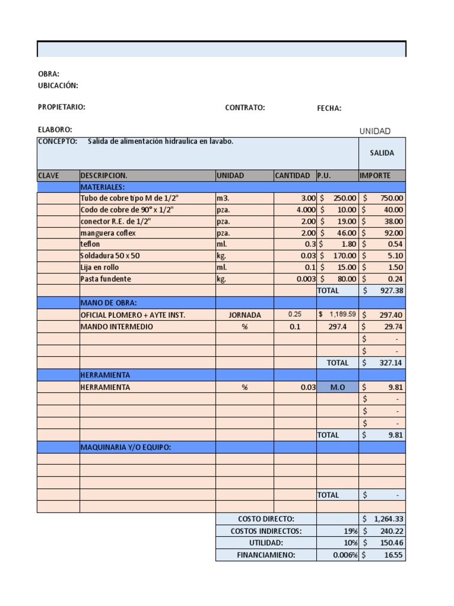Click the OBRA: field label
click(48, 74)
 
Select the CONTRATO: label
click(245, 108)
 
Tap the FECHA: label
click(329, 108)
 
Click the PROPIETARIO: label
click(61, 107)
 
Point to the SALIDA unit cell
click(382, 153)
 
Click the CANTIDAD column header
click(292, 176)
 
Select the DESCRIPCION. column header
click(103, 176)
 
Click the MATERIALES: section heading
click(102, 187)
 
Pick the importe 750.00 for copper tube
click(390, 199)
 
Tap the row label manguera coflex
click(108, 233)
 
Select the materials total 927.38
click(390, 291)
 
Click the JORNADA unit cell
click(244, 315)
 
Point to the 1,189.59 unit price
click(340, 314)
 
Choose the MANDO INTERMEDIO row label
click(116, 327)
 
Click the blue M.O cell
click(337, 388)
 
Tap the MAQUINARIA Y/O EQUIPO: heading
click(125, 447)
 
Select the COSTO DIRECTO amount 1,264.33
click(388, 519)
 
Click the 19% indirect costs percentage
click(350, 531)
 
